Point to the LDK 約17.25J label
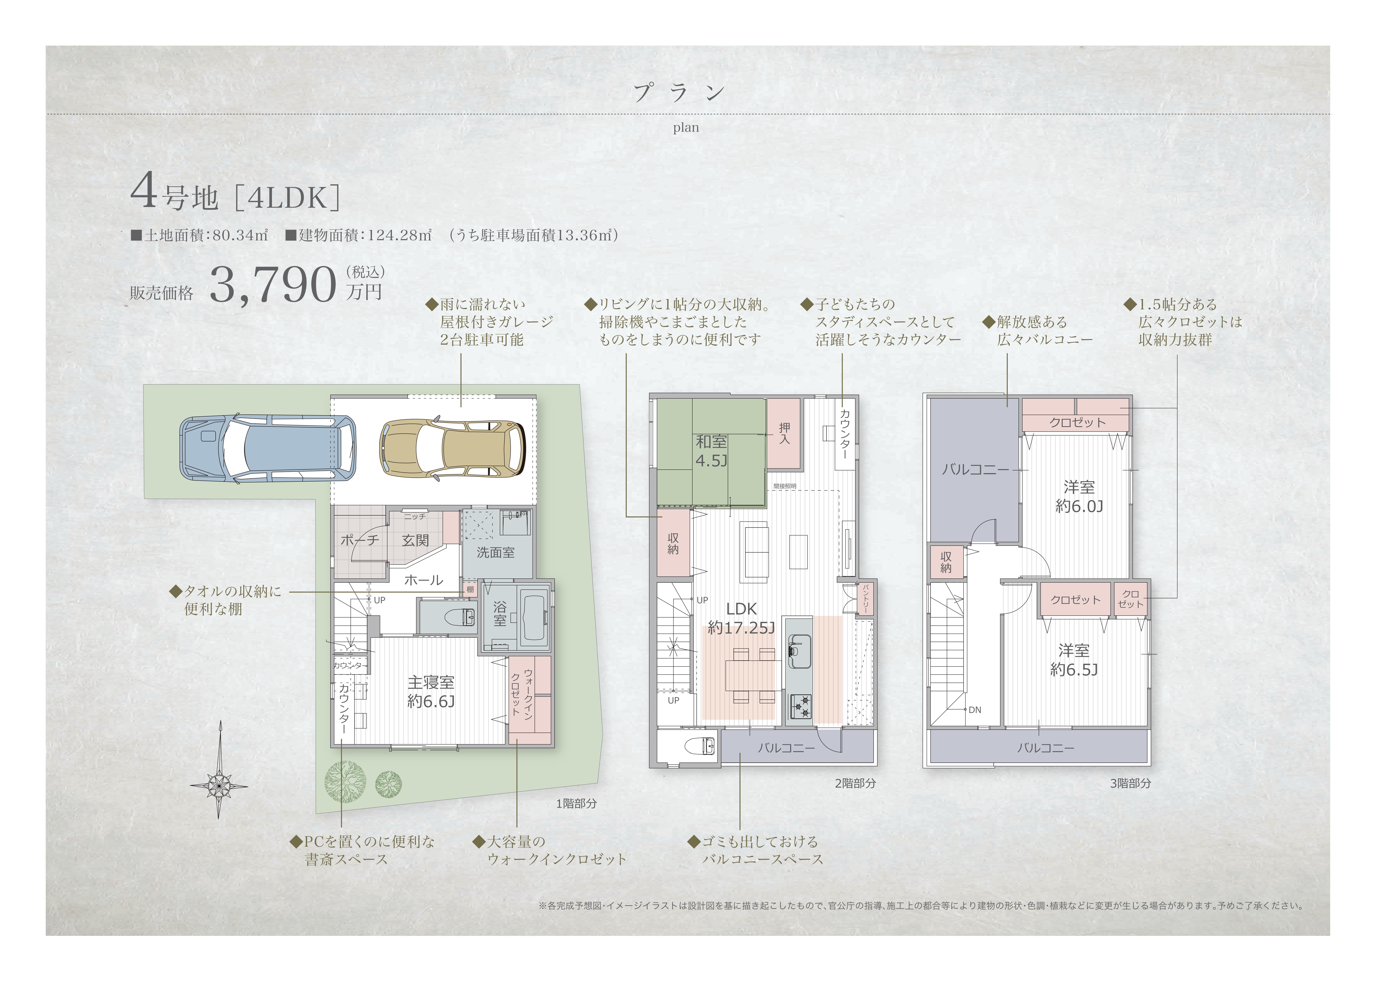(741, 618)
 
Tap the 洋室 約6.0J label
(1079, 496)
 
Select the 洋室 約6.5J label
(1074, 660)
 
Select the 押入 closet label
(784, 433)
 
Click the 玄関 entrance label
(416, 540)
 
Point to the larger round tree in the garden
(345, 781)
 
